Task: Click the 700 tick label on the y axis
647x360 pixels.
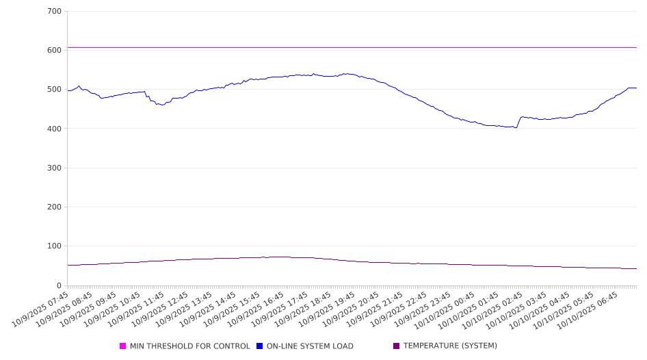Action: pyautogui.click(x=54, y=12)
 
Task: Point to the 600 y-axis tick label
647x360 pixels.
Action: pyautogui.click(x=54, y=51)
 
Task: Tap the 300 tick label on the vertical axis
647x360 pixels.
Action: pyautogui.click(x=54, y=168)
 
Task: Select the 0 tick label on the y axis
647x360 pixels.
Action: pyautogui.click(x=59, y=285)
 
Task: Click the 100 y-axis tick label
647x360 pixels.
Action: pyautogui.click(x=54, y=246)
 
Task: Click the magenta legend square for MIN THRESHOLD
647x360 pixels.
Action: pyautogui.click(x=123, y=346)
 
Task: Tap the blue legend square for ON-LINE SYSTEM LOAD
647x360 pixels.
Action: pyautogui.click(x=260, y=346)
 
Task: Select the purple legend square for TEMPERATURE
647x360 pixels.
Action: pyautogui.click(x=396, y=346)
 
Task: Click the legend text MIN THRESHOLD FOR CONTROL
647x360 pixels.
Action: pyautogui.click(x=189, y=346)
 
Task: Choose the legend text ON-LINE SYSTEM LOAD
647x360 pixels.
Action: pyautogui.click(x=310, y=346)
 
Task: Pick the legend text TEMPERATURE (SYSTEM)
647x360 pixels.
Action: pyautogui.click(x=450, y=346)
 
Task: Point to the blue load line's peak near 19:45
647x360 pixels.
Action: pyautogui.click(x=347, y=74)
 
